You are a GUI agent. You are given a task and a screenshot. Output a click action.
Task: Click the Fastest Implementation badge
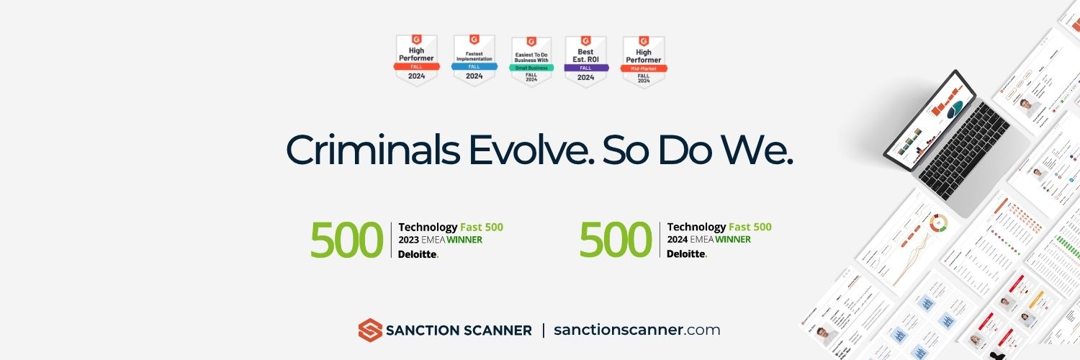(x=474, y=60)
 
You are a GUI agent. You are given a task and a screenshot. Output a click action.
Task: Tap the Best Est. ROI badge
(x=586, y=60)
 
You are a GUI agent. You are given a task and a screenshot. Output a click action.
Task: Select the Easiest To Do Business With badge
(x=531, y=61)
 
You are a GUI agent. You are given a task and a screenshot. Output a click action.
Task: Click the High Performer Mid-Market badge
(x=644, y=61)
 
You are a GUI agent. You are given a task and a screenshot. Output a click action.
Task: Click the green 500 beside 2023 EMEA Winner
(x=346, y=240)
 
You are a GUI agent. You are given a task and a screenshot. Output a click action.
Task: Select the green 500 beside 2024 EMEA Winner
(x=616, y=240)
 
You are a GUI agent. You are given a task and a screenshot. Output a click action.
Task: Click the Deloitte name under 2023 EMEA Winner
(x=418, y=254)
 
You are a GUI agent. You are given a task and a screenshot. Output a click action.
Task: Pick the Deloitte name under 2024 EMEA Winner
(x=687, y=254)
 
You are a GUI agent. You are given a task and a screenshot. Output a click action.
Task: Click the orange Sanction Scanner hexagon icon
(x=369, y=330)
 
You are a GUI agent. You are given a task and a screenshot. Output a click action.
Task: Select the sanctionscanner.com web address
(x=636, y=330)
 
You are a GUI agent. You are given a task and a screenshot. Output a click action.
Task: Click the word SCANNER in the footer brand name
(x=498, y=331)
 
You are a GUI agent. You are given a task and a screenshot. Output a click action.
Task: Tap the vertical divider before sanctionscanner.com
(x=543, y=330)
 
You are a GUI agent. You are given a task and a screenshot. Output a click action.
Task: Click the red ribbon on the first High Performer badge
(x=417, y=66)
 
